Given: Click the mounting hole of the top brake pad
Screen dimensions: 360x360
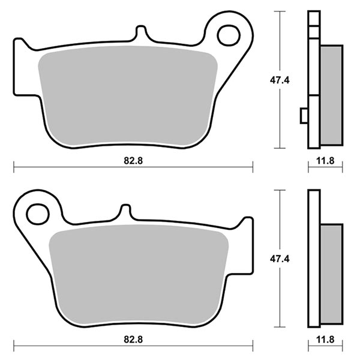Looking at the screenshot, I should (x=229, y=35).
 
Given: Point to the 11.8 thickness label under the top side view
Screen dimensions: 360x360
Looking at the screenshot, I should (x=325, y=160).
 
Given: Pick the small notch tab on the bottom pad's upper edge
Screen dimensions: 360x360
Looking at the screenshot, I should (x=125, y=211).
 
